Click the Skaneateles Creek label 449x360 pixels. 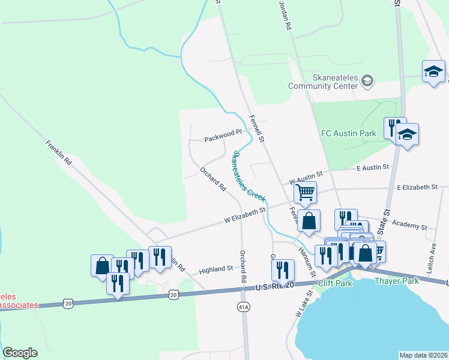click(248, 177)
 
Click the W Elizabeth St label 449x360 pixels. click(245, 215)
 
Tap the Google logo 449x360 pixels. click(20, 353)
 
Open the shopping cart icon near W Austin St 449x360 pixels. click(305, 193)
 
